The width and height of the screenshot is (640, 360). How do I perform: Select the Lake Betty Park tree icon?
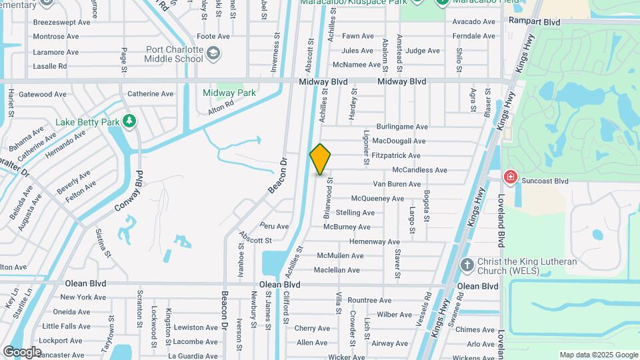(x=130, y=122)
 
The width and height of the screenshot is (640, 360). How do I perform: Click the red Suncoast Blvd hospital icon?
(x=511, y=177)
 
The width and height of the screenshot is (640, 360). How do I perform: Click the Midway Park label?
(x=229, y=93)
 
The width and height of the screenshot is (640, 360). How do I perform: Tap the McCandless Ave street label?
(x=419, y=170)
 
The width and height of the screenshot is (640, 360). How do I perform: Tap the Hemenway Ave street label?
(x=374, y=241)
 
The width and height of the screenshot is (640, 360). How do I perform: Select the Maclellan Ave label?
(x=337, y=270)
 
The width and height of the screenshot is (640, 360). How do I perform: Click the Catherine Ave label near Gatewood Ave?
(x=150, y=94)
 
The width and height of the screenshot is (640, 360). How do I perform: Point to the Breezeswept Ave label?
(x=61, y=22)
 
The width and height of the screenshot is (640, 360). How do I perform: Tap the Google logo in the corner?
(x=22, y=351)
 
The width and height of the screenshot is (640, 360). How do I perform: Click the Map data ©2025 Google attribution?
(x=598, y=355)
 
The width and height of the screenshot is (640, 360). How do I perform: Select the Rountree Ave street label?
(x=369, y=301)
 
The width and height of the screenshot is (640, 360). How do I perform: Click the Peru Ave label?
(x=275, y=226)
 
